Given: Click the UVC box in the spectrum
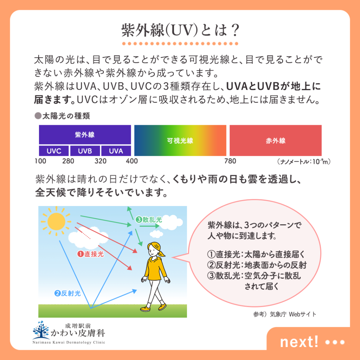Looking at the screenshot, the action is tap(54, 151).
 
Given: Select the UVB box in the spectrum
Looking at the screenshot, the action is tap(85, 151).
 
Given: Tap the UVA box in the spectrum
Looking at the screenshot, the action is tap(116, 151).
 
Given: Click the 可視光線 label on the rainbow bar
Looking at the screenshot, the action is tap(180, 141).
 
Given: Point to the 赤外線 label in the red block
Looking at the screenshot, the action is tap(276, 141).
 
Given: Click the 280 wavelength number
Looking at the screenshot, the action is tap(68, 161).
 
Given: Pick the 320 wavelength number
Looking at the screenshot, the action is tap(101, 161).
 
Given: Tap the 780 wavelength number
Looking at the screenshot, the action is tap(230, 161).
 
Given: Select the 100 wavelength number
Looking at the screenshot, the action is tap(40, 161).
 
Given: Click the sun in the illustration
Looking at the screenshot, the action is tap(56, 221).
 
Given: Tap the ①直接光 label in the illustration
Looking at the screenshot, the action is tap(90, 254).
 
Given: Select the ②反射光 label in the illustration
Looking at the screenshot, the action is tap(67, 293).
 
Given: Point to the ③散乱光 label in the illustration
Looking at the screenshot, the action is tap(149, 219).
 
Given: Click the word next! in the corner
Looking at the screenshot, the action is tap(299, 342).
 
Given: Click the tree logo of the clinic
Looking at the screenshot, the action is tap(41, 330).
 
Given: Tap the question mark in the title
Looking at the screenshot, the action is tap(234, 30).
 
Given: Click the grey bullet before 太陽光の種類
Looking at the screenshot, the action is tap(38, 116).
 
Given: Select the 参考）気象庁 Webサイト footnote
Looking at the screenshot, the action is tap(285, 314).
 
